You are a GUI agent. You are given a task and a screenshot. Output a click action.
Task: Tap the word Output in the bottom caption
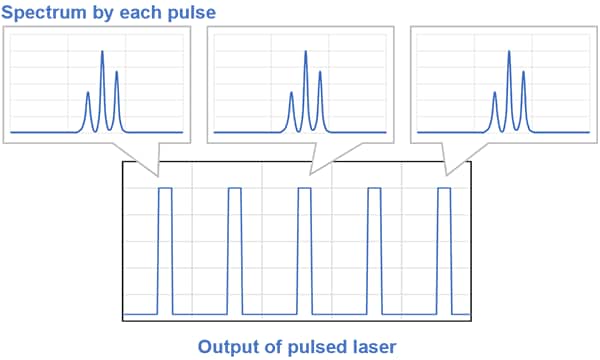coord(227,347)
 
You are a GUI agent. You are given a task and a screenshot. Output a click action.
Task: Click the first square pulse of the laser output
coord(165,250)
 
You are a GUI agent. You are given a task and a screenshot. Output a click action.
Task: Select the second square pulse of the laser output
coord(235,250)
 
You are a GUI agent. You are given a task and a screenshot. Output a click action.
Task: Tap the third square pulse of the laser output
coord(305,250)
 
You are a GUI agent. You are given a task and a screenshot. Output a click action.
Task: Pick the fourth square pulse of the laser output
coord(375,250)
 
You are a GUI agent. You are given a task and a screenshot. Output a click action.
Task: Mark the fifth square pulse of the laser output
coord(445,250)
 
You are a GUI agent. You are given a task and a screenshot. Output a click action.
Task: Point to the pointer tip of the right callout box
coord(446,178)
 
